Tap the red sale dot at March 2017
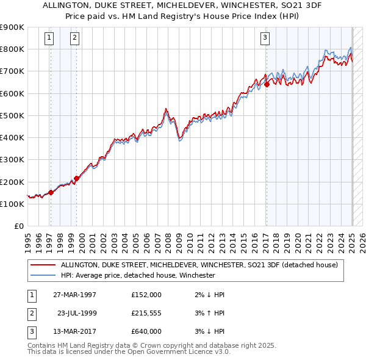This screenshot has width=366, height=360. click(x=267, y=85)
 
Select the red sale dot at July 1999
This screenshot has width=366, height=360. click(x=77, y=179)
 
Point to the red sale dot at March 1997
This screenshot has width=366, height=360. click(x=51, y=192)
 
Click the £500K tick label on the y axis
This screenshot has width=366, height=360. click(x=12, y=115)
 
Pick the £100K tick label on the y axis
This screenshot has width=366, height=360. click(x=12, y=204)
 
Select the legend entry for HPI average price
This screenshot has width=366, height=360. click(x=137, y=275)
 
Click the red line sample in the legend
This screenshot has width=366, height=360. click(x=43, y=265)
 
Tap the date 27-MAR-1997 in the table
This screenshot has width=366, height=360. click(x=75, y=295)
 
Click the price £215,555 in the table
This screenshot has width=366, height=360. click(x=146, y=313)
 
